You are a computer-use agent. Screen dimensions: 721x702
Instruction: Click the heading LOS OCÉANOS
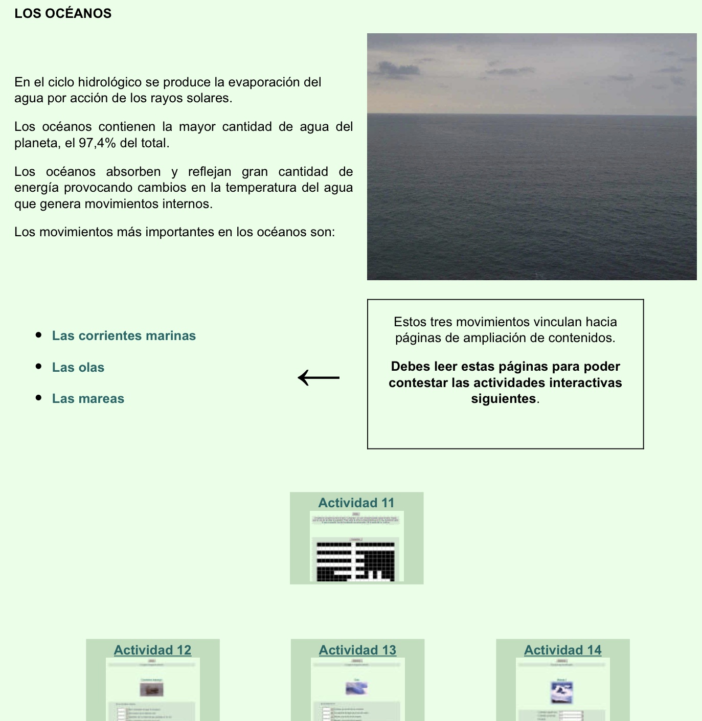[63, 13]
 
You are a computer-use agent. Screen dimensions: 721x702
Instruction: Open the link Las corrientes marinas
[124, 336]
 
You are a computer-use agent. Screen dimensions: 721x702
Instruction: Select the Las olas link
[78, 368]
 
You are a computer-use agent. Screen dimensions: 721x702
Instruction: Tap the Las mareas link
[88, 399]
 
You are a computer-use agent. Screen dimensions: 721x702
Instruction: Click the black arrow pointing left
[319, 378]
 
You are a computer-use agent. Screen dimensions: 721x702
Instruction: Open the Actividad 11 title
[356, 503]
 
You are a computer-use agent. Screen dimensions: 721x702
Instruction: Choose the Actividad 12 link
[152, 650]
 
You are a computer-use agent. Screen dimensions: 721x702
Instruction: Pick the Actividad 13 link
[357, 650]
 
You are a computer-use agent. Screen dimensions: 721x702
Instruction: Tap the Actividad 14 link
[562, 650]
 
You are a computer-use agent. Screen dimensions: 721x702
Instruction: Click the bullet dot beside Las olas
[39, 367]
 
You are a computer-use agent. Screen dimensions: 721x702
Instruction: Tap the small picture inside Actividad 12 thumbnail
[152, 690]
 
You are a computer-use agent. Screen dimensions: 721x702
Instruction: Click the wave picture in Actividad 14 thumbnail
[562, 692]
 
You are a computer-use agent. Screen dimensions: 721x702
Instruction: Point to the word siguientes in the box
[504, 399]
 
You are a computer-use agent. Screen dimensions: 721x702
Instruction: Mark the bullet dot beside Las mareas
[39, 398]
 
